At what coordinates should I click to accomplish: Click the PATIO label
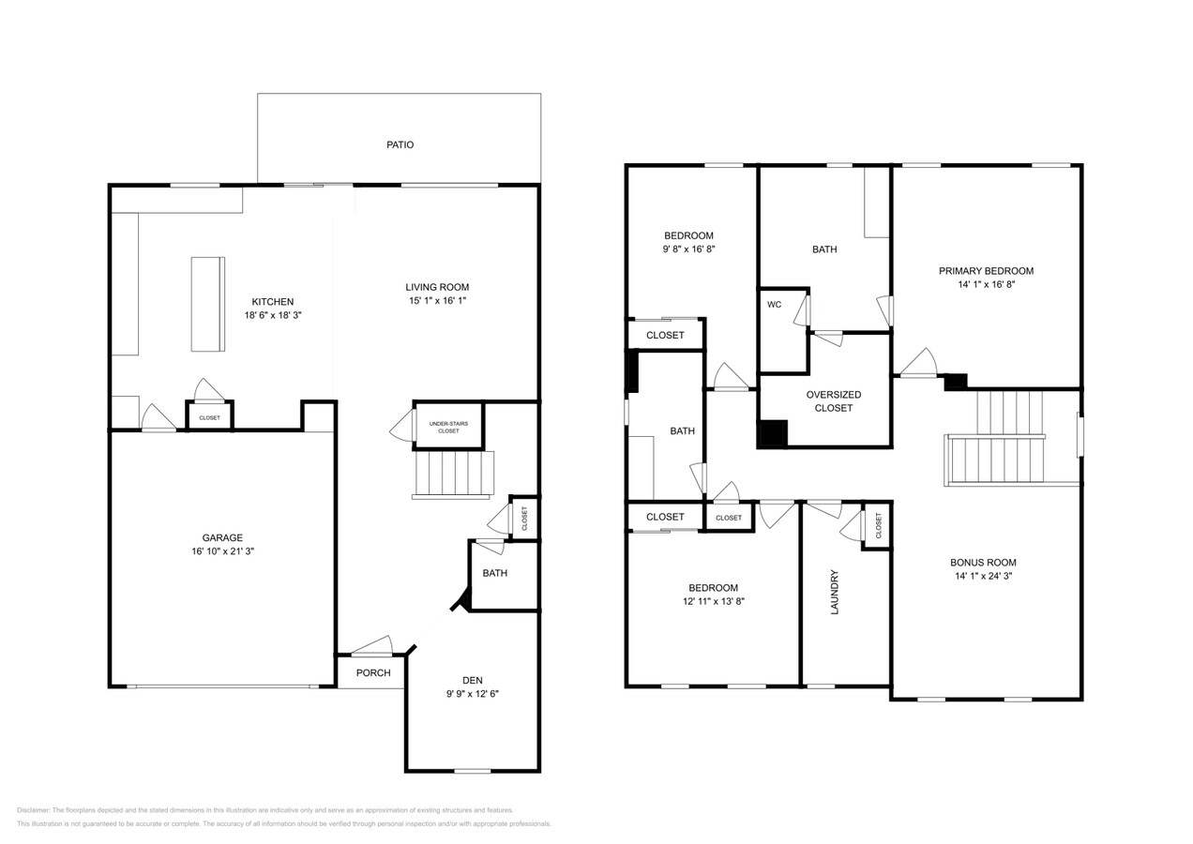tap(400, 145)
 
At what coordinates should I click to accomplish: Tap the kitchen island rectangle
tap(207, 304)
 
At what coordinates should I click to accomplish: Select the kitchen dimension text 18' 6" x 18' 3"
tap(272, 316)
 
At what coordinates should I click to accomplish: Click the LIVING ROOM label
tap(437, 287)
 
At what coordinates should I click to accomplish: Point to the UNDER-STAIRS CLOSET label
tap(448, 428)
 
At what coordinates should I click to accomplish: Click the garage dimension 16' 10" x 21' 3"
tap(222, 552)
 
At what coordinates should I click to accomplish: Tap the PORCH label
tap(372, 673)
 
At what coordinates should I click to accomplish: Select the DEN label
tap(472, 681)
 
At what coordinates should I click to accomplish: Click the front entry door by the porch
tap(371, 646)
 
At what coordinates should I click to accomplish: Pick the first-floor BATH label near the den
tap(494, 573)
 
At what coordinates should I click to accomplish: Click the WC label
tap(774, 305)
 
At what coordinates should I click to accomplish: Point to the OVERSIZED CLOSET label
tap(833, 401)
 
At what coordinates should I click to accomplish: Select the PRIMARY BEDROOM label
tap(986, 271)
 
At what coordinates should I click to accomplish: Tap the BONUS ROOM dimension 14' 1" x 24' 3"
tap(983, 577)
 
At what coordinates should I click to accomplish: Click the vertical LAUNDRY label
tap(834, 592)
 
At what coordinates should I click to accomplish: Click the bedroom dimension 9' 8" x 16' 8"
tap(689, 249)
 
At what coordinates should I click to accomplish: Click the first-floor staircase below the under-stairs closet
tap(454, 474)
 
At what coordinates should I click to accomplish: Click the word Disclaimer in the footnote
tap(33, 810)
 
